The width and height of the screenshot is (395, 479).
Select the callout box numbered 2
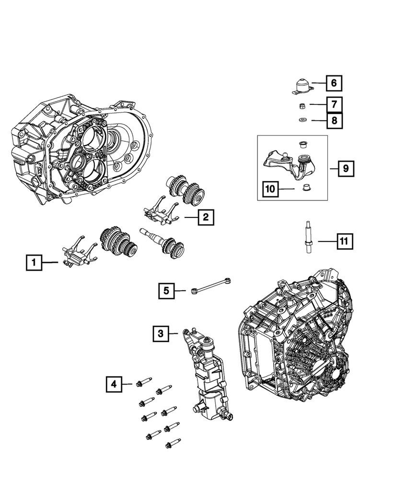(x=205, y=218)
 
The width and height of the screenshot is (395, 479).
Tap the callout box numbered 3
(x=162, y=333)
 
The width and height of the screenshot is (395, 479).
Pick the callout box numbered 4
(x=114, y=383)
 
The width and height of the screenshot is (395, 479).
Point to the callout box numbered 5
(x=166, y=290)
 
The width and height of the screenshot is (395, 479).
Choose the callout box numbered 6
(x=334, y=83)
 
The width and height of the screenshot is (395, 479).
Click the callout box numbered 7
(x=334, y=103)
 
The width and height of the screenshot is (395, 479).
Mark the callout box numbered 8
(x=334, y=120)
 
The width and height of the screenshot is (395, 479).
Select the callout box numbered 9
(x=346, y=169)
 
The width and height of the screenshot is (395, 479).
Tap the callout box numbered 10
(x=270, y=189)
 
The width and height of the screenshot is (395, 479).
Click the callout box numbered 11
(x=344, y=241)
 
